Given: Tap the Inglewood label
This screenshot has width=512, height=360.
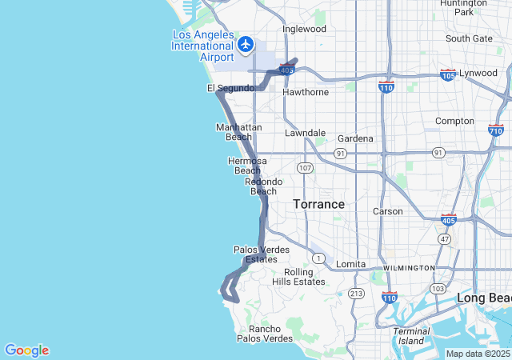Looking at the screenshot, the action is click(304, 29).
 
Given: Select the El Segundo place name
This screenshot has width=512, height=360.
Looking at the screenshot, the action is click(230, 87).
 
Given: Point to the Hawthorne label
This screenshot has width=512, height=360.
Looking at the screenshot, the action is click(306, 92).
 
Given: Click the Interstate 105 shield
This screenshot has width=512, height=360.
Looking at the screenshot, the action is click(448, 75).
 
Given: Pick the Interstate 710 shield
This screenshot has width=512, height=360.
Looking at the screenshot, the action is click(495, 130).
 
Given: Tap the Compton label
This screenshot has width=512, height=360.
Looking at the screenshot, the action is click(454, 121).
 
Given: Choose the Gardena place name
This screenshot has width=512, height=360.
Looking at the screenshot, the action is click(355, 138).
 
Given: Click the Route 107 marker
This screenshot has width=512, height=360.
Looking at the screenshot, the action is click(305, 168).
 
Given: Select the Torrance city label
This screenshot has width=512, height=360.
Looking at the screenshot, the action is click(318, 204).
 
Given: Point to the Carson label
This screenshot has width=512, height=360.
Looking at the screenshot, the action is click(388, 211).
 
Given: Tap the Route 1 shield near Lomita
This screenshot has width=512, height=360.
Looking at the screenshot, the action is click(318, 258).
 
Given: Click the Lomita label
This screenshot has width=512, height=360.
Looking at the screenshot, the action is click(350, 264).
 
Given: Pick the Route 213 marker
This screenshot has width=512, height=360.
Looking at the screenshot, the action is click(356, 294).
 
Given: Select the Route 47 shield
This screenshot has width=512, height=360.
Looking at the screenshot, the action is click(445, 239).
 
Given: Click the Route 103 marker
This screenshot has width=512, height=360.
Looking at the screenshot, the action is click(438, 288).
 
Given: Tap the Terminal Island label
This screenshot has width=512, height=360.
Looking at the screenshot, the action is click(412, 336).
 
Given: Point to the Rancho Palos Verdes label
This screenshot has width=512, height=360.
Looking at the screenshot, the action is click(265, 334).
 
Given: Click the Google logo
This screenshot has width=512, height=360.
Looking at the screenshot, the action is click(26, 350).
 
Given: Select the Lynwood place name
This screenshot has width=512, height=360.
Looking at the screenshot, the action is click(478, 73).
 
